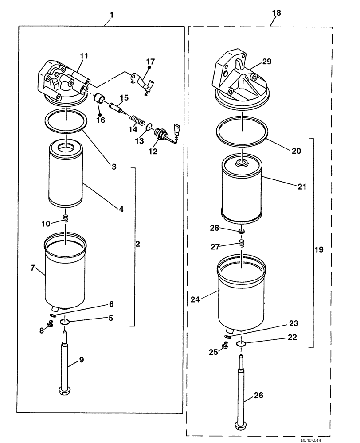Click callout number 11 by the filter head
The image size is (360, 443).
point(84,56)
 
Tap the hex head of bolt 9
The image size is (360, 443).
point(65,390)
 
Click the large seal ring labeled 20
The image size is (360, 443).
point(242,132)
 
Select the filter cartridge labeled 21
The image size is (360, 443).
point(242,188)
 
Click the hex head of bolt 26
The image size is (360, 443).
point(241,426)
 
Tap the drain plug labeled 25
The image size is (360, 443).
point(226,346)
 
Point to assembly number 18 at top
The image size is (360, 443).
point(276,14)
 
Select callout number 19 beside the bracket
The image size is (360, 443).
point(318,250)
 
